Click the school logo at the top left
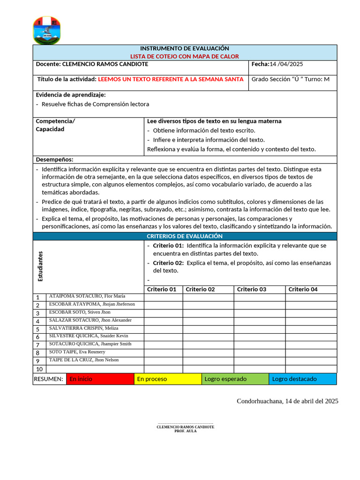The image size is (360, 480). click(x=46, y=30)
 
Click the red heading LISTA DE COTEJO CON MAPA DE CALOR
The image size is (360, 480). click(x=184, y=56)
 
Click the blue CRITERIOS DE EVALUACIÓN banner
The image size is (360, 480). click(x=184, y=236)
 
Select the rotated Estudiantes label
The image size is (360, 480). click(x=40, y=266)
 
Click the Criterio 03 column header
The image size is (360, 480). click(x=251, y=290)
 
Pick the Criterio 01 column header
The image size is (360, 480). click(x=162, y=290)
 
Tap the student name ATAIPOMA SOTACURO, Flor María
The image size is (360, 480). click(x=87, y=296)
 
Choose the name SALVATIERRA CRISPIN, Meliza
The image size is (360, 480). click(x=83, y=328)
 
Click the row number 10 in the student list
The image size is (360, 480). click(x=39, y=369)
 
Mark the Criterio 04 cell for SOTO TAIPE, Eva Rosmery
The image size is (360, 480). click(x=311, y=352)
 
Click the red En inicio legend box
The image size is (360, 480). click(x=100, y=379)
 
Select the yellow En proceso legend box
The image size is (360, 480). click(x=167, y=379)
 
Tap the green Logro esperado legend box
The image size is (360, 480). click(x=235, y=379)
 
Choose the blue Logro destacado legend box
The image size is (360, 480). click(x=302, y=379)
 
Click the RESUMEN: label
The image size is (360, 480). click(x=49, y=379)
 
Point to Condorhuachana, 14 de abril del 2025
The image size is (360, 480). click(x=287, y=401)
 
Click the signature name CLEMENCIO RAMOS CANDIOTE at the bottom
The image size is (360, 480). click(x=185, y=427)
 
